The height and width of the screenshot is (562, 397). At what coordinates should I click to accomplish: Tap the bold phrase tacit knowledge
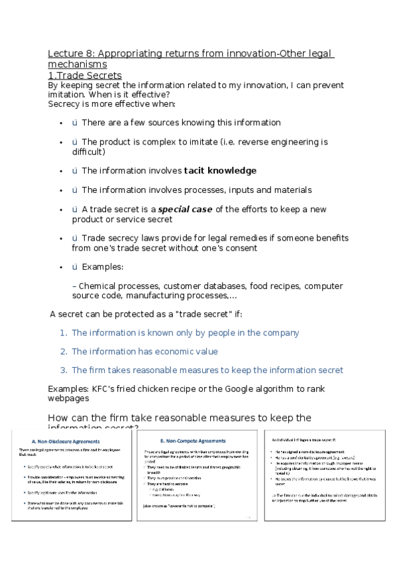coord(220,170)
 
